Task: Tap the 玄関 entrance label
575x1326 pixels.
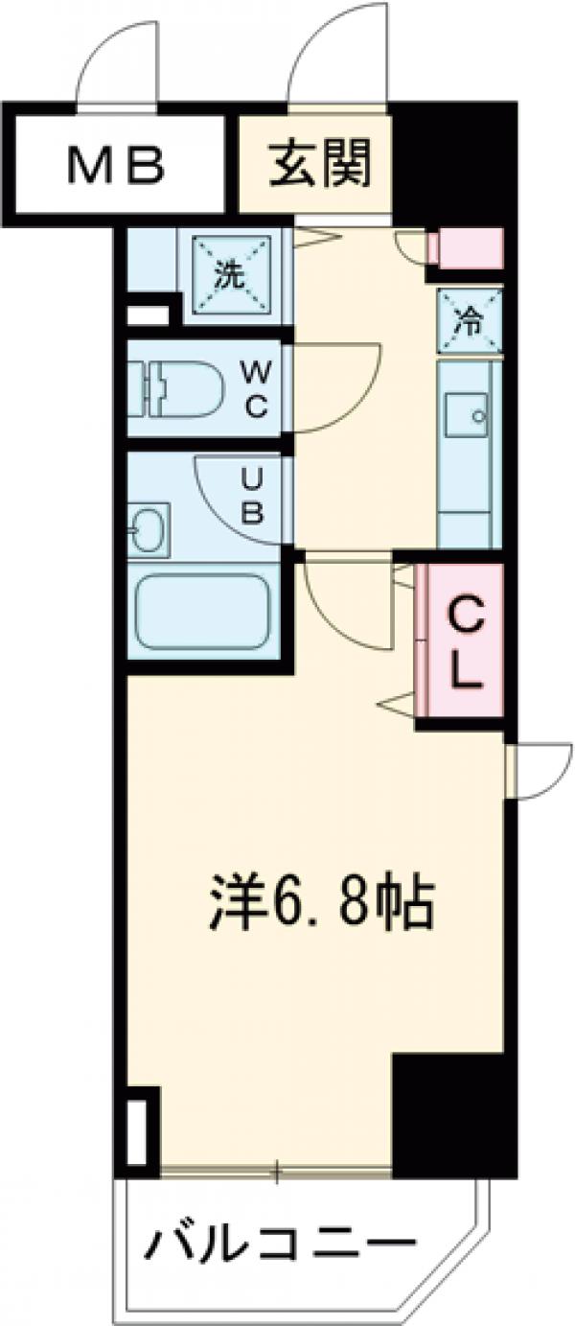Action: (317, 165)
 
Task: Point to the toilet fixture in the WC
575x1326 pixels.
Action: (177, 388)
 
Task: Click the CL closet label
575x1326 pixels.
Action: (464, 640)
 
